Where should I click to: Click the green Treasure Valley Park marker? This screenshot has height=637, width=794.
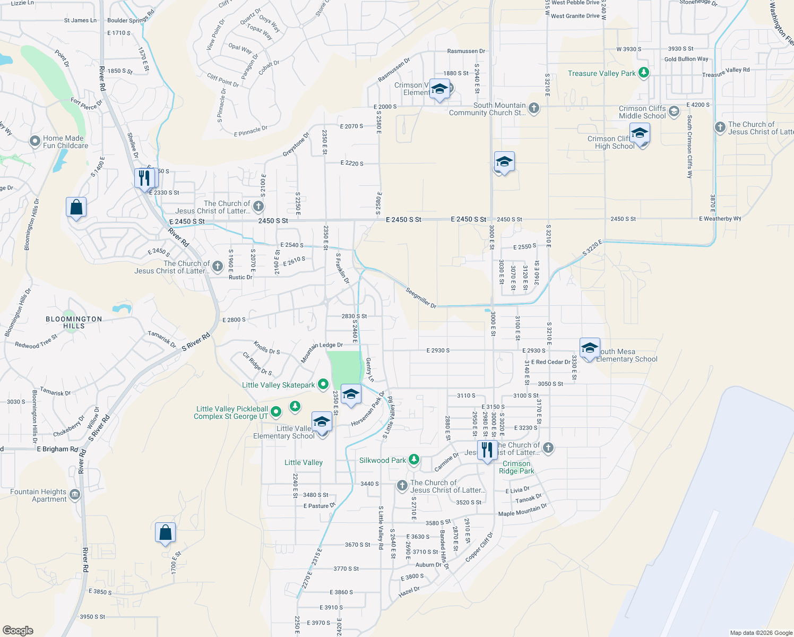(x=644, y=73)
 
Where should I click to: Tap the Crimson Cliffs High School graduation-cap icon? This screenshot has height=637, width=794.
(x=640, y=134)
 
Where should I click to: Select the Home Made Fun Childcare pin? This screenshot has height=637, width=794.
(x=35, y=141)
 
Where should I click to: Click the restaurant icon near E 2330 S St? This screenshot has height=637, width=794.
(x=144, y=178)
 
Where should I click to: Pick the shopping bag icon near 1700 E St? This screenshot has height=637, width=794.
(x=165, y=532)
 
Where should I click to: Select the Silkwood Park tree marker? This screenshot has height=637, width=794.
(x=414, y=460)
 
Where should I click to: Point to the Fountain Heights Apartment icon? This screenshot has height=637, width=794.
(x=75, y=495)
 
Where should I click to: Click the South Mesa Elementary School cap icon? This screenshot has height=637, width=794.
(x=590, y=348)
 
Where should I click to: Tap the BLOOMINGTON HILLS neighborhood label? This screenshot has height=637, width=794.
(x=74, y=322)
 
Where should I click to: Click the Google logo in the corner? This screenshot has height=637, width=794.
(x=18, y=630)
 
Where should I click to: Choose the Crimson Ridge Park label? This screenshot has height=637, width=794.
(x=516, y=467)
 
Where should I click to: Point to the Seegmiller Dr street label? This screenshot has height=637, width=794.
(x=421, y=298)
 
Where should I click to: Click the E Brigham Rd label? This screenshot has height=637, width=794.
(x=57, y=449)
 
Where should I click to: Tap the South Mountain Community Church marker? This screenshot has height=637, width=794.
(x=534, y=108)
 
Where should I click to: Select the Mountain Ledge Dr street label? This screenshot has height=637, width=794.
(x=322, y=352)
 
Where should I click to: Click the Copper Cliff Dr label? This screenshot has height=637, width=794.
(x=479, y=547)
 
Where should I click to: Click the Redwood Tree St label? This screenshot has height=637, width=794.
(x=36, y=342)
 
